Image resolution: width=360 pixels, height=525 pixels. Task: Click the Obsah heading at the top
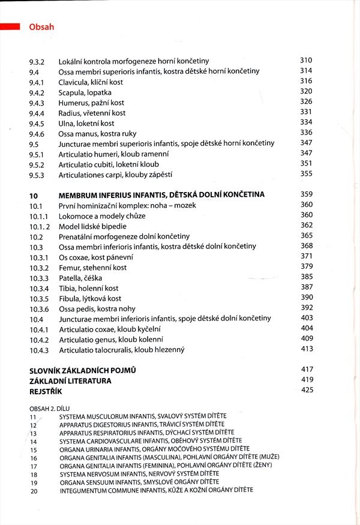point(41,27)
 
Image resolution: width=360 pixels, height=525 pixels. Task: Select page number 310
point(306,61)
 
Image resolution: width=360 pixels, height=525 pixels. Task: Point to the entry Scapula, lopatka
point(85,93)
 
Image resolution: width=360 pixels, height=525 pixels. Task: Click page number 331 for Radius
point(306,112)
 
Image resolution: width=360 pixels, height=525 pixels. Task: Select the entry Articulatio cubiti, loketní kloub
point(109,164)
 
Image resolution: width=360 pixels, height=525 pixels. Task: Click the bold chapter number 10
point(34,195)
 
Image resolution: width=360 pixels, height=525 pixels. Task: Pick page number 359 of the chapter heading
point(307,194)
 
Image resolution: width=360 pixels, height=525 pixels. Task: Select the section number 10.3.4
point(39,289)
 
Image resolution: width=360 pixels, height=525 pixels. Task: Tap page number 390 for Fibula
point(307,298)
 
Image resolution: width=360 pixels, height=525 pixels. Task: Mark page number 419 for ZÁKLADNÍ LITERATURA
point(307,380)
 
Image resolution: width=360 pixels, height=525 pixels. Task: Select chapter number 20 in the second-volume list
point(33,491)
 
